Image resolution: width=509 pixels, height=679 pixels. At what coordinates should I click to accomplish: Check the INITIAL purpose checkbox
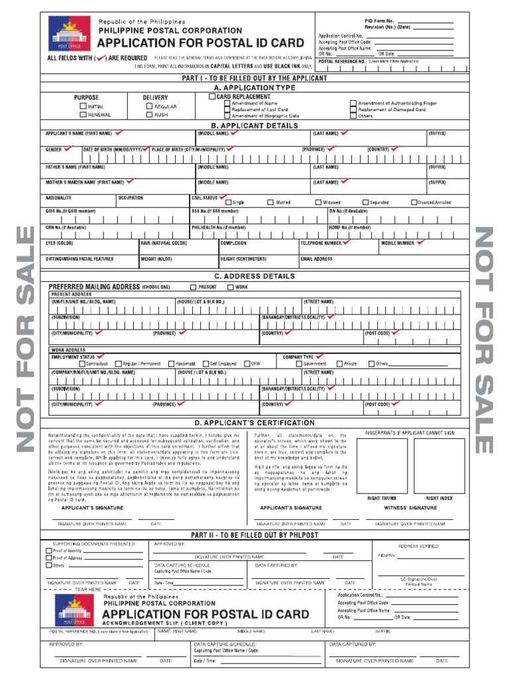pos(83,106)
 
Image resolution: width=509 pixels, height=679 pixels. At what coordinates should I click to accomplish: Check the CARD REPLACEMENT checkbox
pos(212,97)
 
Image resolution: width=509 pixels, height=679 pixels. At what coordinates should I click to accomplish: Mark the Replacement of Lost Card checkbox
pos(227,109)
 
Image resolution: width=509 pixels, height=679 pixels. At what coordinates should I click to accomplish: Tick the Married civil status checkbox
pos(270,202)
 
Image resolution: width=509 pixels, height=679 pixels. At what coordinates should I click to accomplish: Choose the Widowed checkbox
pos(318,202)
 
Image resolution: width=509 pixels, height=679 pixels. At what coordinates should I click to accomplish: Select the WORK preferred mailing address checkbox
pos(230,287)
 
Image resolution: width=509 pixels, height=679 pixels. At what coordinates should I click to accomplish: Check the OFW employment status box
pos(247,363)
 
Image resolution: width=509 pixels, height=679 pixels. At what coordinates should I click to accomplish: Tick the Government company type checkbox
pos(299,363)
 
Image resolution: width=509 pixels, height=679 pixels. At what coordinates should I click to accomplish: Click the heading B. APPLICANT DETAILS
pos(254,125)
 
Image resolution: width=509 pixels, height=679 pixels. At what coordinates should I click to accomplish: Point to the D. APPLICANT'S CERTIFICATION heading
pos(254,423)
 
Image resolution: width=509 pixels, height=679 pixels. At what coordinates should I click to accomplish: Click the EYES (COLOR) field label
pos(60,243)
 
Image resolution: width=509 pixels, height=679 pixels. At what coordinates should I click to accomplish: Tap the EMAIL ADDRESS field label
pos(316,259)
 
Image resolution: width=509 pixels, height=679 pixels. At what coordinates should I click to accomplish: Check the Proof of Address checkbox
pos(48,558)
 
